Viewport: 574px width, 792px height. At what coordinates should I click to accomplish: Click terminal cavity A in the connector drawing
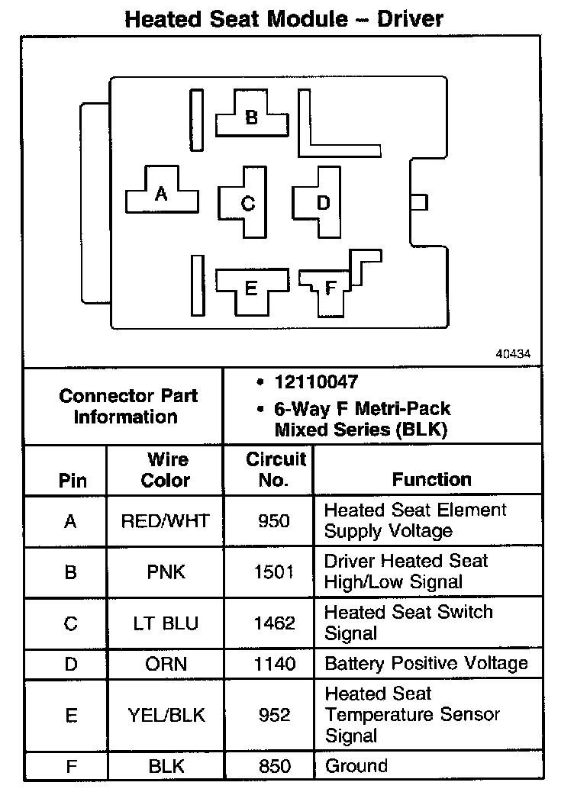click(x=161, y=194)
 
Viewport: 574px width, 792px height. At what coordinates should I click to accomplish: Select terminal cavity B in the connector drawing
click(x=251, y=118)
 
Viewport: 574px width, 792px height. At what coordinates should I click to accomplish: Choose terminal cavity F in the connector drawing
click(x=330, y=288)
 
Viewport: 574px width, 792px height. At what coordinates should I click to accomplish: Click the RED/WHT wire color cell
click(x=165, y=521)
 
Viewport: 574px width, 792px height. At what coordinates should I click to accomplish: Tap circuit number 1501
click(x=274, y=572)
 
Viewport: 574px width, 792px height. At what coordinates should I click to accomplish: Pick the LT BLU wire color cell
click(x=165, y=623)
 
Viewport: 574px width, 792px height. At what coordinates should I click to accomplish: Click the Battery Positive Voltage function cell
click(x=426, y=663)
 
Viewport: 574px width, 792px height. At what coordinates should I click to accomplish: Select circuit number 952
click(x=274, y=715)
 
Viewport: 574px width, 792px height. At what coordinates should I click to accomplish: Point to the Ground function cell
click(x=356, y=765)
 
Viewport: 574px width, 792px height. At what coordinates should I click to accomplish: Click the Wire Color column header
click(x=166, y=470)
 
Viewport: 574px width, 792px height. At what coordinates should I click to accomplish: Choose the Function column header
click(x=431, y=480)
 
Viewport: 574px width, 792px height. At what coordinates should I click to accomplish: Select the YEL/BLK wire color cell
click(x=165, y=715)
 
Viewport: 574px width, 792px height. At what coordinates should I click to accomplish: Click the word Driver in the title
click(x=411, y=19)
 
